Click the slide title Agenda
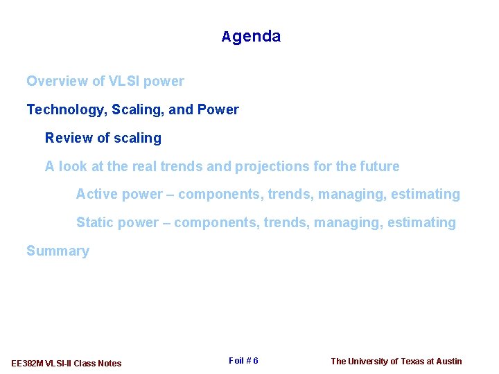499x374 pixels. coord(251,37)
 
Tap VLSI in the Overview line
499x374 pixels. coord(125,81)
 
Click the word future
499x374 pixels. coord(380,166)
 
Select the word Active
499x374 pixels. coord(96,194)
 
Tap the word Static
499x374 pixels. coord(94,222)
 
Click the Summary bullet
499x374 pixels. coord(58,251)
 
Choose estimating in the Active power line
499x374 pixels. coord(425,194)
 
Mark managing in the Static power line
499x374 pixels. coord(347,222)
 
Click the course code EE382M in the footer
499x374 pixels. coord(28,363)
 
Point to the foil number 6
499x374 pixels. coord(255,361)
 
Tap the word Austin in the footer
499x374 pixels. coord(448,361)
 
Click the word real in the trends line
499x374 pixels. coord(145,166)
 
